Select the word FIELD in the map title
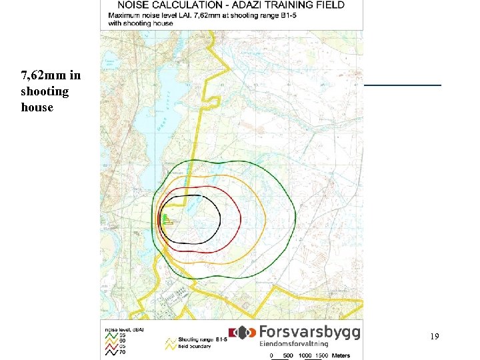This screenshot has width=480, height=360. coord(329,5)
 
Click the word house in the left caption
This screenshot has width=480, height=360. coord(37,107)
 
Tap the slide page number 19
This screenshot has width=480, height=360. coord(434,337)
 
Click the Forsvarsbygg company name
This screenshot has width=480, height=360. coord(309,332)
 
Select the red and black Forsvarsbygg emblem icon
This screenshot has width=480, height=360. coord(242,332)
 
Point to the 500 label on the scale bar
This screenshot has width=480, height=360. coord(288,355)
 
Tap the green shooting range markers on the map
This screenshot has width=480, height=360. coord(164,219)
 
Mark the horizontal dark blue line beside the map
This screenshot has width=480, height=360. coord(403,85)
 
